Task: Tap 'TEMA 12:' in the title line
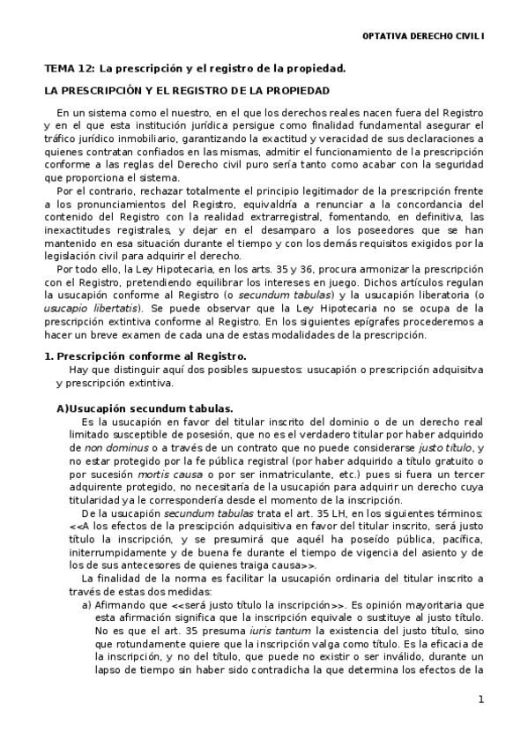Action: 70,68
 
